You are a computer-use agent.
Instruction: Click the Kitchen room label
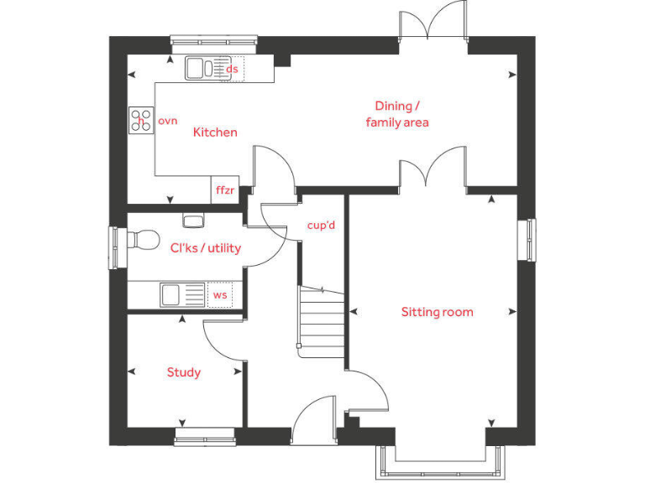coord(215,132)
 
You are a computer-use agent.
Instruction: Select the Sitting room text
coord(437,312)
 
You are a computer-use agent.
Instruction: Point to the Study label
coord(183,372)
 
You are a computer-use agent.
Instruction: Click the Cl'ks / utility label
coord(205,247)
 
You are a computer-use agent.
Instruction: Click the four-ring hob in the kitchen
coord(140,122)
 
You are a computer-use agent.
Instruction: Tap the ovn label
coord(168,122)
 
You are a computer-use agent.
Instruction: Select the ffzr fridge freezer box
coord(225,190)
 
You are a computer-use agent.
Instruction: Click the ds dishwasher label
coord(233,70)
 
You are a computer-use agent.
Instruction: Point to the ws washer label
coord(219,295)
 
